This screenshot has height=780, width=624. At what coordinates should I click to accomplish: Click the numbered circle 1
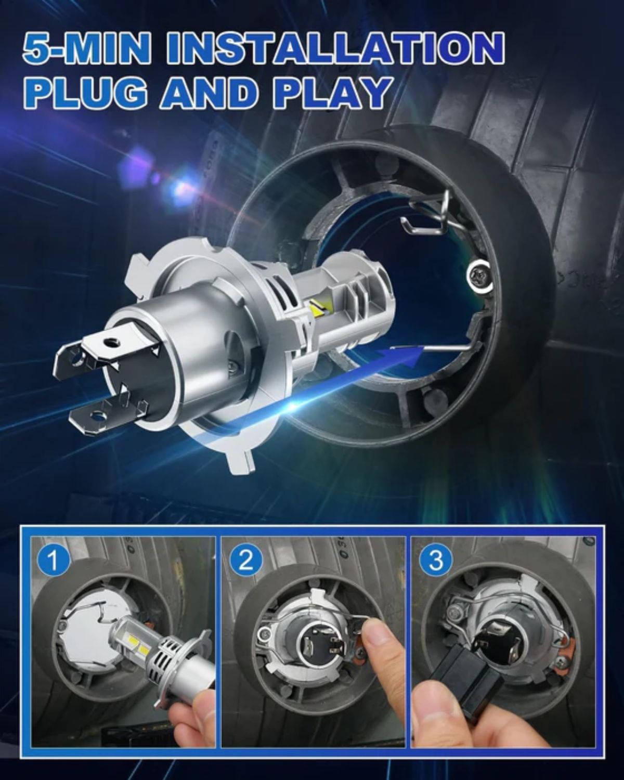[53, 562]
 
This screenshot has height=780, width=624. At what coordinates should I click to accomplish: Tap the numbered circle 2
[246, 562]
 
